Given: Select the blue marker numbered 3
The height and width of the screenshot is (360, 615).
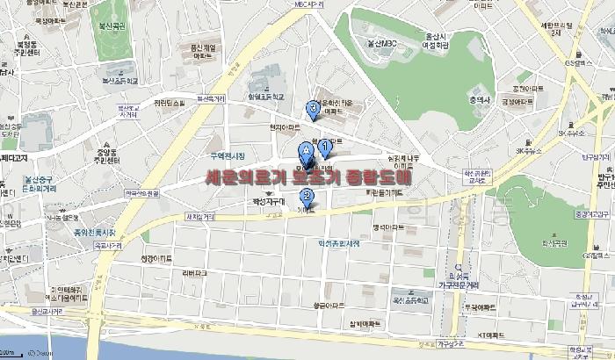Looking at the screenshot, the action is point(314,109).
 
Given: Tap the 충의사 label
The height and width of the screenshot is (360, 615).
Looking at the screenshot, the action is point(479,100).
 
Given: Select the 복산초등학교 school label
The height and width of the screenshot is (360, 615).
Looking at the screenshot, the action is point(120,80).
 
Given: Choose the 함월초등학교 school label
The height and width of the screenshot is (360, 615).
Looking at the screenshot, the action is point(267,97).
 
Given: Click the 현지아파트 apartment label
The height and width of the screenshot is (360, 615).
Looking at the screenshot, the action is point(286,127).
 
